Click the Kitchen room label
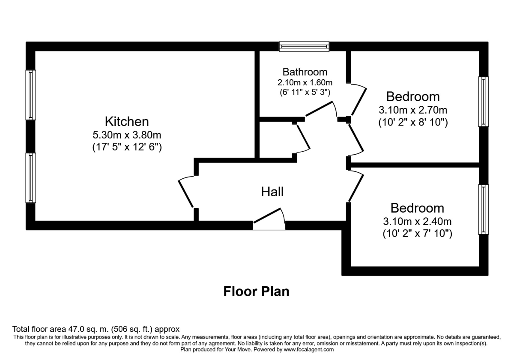tap(127, 121)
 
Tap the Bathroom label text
tap(305, 72)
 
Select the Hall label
tap(272, 192)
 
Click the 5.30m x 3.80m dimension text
tap(127, 135)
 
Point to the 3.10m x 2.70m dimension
tap(412, 110)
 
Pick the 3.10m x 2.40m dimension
tap(417, 222)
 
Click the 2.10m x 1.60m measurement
tap(305, 82)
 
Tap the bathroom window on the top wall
tap(304, 46)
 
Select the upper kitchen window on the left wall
tap(30, 95)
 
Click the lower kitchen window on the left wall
tap(30, 177)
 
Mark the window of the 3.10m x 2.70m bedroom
tap(483, 102)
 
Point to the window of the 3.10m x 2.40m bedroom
tap(483, 209)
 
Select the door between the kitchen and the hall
tap(187, 192)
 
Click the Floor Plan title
tap(256, 291)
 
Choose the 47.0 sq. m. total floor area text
tap(96, 329)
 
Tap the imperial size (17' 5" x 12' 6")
tap(127, 147)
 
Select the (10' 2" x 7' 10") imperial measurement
tap(417, 234)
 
